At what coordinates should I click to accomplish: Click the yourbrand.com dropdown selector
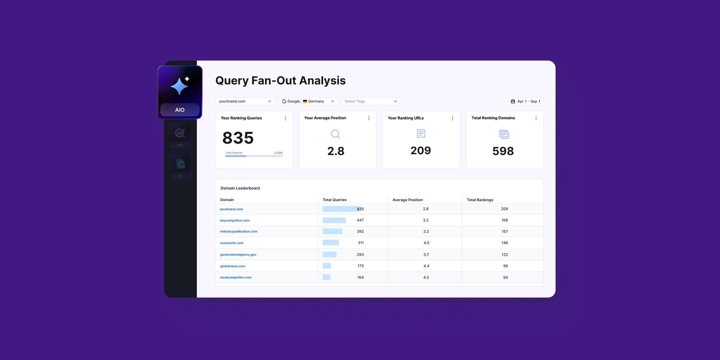click(x=245, y=101)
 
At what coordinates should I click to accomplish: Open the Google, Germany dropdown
click(x=308, y=101)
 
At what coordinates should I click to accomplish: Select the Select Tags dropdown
click(x=371, y=101)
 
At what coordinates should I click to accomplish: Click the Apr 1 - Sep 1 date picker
click(x=525, y=101)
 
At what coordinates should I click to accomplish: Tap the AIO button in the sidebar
click(x=180, y=110)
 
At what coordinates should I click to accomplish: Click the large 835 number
click(x=238, y=138)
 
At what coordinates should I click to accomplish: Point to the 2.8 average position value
click(x=336, y=151)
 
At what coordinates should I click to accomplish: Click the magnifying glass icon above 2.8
click(x=335, y=134)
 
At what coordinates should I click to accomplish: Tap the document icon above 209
click(x=421, y=134)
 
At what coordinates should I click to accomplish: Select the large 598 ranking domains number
click(x=503, y=151)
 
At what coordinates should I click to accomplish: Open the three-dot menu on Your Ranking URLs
click(x=453, y=118)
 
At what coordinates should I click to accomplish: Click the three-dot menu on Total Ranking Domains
click(x=536, y=118)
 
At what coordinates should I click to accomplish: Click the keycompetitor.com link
click(x=235, y=220)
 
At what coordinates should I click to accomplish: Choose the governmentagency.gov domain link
click(x=238, y=254)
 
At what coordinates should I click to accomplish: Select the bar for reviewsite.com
click(x=331, y=243)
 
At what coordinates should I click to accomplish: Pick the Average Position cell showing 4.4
click(x=426, y=266)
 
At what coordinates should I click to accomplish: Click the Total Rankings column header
click(x=480, y=200)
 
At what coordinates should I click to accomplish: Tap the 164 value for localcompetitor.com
click(x=360, y=278)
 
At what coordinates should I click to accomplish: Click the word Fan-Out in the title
click(x=274, y=81)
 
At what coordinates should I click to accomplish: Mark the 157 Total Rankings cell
click(x=504, y=232)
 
